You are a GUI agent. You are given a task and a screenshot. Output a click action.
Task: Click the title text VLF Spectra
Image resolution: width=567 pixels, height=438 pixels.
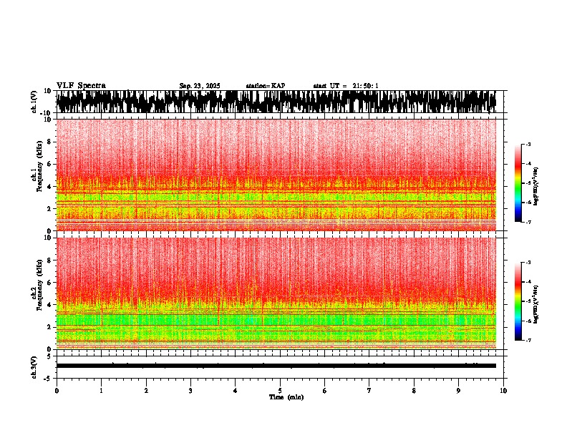click(x=81, y=86)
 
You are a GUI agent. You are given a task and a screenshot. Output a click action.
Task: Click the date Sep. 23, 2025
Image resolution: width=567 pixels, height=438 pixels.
click(x=200, y=86)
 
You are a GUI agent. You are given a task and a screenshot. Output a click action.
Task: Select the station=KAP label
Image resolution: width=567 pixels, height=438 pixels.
click(x=266, y=86)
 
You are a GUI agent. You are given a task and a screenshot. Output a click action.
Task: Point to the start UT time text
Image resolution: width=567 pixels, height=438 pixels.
click(x=346, y=86)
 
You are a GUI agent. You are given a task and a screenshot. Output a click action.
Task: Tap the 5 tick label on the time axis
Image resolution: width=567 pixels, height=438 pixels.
click(x=280, y=391)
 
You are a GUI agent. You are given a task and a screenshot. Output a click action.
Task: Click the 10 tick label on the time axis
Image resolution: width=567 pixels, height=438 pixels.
click(x=503, y=391)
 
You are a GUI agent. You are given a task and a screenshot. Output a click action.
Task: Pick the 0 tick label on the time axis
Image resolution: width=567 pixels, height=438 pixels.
click(x=57, y=391)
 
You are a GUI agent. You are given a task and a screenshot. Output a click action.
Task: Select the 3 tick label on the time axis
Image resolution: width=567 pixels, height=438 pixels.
click(x=190, y=391)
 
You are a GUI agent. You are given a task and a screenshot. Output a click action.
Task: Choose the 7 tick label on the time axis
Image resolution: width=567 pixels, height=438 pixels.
click(x=369, y=391)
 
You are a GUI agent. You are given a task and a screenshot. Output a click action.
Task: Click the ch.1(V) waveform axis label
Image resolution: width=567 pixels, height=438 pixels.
click(x=34, y=102)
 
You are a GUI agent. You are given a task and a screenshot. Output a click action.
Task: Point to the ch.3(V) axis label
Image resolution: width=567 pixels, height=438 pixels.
click(x=34, y=366)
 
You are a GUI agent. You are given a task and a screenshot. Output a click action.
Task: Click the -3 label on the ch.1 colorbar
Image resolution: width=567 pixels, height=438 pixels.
click(x=528, y=145)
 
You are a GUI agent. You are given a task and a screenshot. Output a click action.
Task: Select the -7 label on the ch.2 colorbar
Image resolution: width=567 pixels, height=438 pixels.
click(x=528, y=341)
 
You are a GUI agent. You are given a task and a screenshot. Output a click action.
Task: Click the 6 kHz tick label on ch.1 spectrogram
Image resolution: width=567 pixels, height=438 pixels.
click(x=49, y=164)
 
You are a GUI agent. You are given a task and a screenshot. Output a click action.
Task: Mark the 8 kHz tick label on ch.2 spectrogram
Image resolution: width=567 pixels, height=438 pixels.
click(x=49, y=261)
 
